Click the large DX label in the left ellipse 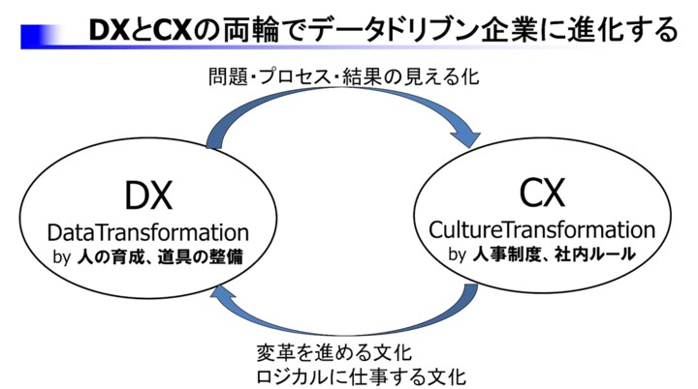coord(148,196)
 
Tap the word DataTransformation coord(148,233)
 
